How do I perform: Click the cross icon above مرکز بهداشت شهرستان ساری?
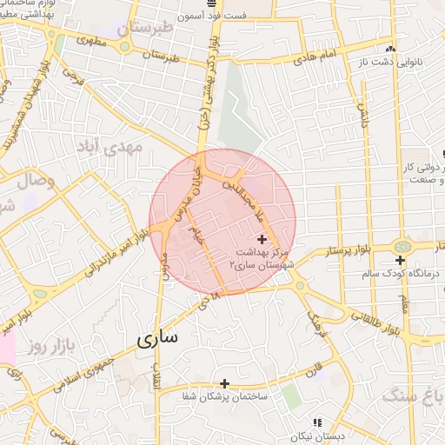pos(262,238)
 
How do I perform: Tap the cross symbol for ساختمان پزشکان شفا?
pos(224,382)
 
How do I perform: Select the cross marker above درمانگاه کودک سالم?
pos(400,260)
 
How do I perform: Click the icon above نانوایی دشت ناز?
pos(390,49)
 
